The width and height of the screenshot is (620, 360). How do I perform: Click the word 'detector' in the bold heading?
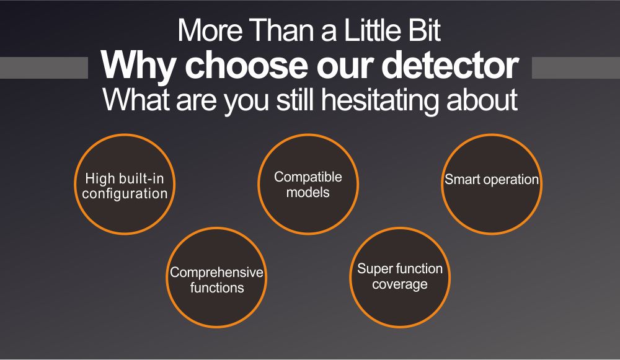coord(450,65)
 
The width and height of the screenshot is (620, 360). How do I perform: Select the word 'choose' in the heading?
coord(246,65)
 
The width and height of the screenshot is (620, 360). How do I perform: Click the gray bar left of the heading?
coord(44,68)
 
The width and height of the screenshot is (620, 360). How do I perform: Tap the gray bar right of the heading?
coord(576,68)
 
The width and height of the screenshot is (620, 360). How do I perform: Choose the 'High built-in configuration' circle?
coord(125,184)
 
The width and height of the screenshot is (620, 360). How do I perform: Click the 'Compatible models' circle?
coord(308,184)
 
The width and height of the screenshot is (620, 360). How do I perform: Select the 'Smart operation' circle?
coord(492,184)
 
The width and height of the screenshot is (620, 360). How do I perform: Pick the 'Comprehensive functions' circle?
coord(216,278)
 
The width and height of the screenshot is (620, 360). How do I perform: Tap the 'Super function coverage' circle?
coord(400,278)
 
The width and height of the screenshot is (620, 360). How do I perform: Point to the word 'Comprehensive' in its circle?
coord(216,272)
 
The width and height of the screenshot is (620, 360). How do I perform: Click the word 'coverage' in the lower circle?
coord(400,284)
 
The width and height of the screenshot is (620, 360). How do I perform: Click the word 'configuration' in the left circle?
coord(125,194)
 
